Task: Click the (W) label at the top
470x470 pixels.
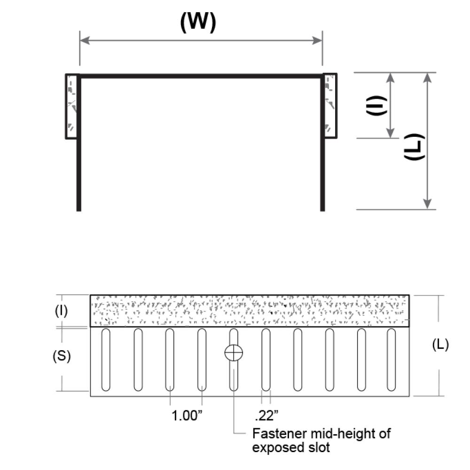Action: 198,22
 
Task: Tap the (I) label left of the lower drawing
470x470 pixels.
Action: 62,311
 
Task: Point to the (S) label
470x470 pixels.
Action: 62,356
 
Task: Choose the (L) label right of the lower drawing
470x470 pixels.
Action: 440,345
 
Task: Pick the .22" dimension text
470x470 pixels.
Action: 266,415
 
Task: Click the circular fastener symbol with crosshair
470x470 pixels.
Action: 234,352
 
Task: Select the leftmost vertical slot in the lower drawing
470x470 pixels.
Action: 105,360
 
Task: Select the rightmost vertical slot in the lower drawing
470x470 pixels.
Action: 391,360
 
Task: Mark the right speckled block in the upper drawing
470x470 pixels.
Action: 330,106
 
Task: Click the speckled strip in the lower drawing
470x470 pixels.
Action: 249,311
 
